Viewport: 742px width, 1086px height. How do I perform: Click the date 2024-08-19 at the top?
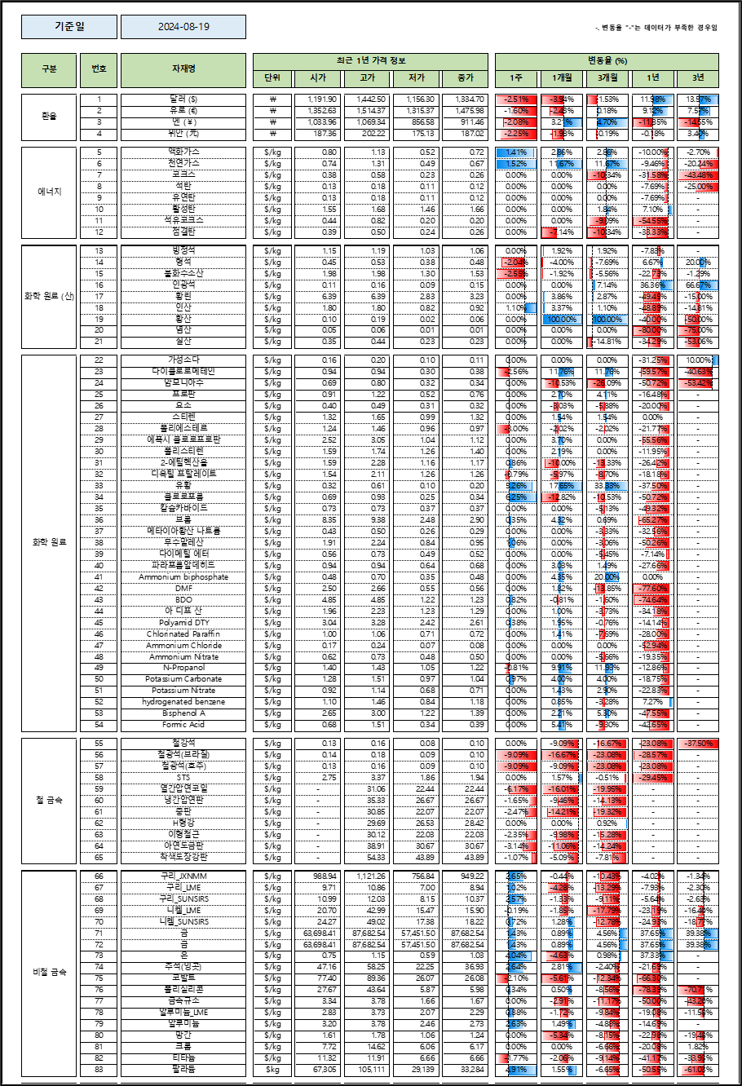(x=183, y=27)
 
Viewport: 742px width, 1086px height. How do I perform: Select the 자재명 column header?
(x=183, y=69)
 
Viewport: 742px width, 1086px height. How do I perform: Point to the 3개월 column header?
(x=607, y=78)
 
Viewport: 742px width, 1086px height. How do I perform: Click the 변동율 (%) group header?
(x=607, y=61)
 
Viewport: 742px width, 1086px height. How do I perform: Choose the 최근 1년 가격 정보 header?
(x=372, y=61)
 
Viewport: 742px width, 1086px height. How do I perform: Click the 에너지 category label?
(x=49, y=192)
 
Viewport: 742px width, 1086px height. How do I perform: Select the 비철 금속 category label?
(x=49, y=972)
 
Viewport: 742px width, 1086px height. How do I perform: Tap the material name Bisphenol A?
(x=183, y=713)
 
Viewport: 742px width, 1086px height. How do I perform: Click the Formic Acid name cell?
(x=183, y=724)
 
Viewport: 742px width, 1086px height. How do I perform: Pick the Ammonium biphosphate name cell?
(x=183, y=576)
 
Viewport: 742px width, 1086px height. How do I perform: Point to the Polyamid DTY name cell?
(x=183, y=622)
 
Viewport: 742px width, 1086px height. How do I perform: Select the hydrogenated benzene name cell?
(x=183, y=701)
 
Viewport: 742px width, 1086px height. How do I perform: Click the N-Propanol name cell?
(x=183, y=667)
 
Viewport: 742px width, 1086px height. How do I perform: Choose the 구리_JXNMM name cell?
(x=183, y=875)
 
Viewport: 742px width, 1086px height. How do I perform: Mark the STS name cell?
(x=183, y=777)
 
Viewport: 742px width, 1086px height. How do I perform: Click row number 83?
(x=99, y=1068)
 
